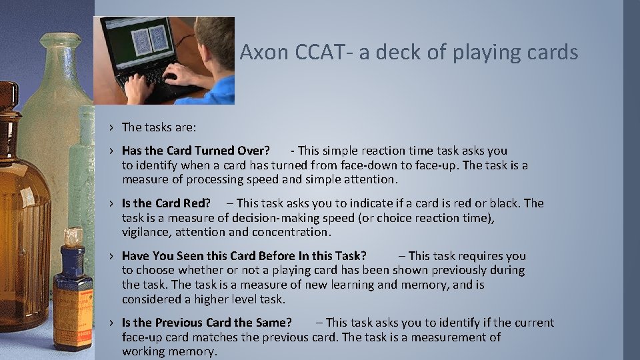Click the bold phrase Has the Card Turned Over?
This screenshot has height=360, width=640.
pyautogui.click(x=196, y=151)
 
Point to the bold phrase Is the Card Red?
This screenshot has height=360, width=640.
pyautogui.click(x=166, y=203)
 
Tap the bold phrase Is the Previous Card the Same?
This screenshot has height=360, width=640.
pyautogui.click(x=207, y=323)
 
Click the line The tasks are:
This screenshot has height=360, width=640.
pyautogui.click(x=159, y=127)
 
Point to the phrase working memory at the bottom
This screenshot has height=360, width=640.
pyautogui.click(x=169, y=351)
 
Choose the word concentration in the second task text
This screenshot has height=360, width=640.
pyautogui.click(x=293, y=232)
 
